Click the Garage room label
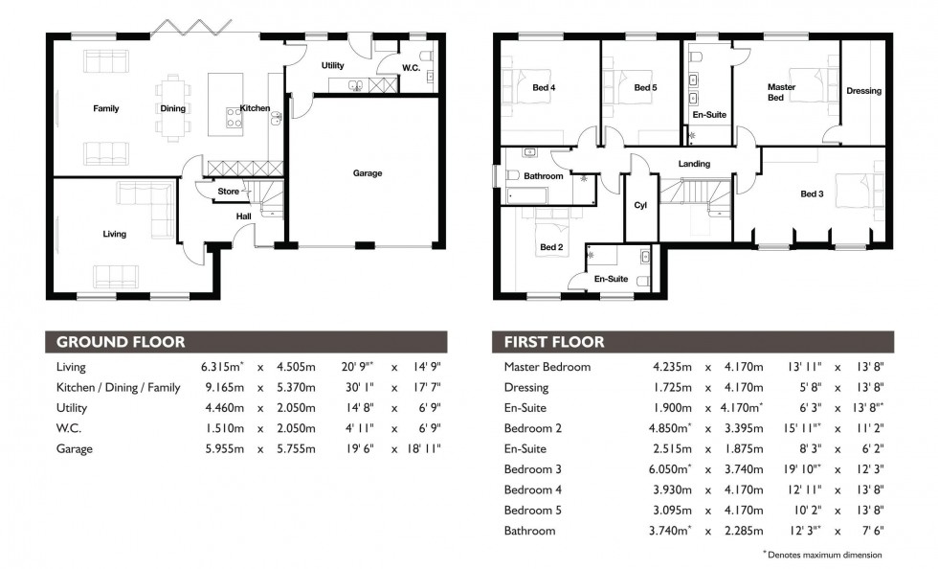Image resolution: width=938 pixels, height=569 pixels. tap(367, 173)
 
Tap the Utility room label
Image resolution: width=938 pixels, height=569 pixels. tap(332, 66)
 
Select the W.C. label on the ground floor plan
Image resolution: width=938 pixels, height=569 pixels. tap(412, 67)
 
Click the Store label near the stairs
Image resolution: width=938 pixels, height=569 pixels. tap(228, 192)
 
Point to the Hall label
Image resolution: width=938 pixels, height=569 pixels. tap(244, 216)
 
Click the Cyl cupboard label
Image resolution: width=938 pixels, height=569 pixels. tap(640, 205)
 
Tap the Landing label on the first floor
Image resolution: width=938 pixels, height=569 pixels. tap(694, 164)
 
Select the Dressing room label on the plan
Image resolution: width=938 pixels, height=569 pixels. tap(863, 91)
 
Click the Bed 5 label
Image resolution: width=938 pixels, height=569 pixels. tap(645, 89)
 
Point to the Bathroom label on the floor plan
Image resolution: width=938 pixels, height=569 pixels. tap(543, 176)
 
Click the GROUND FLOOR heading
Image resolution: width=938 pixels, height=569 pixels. tap(120, 342)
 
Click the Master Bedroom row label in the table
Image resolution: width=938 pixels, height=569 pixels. tap(547, 367)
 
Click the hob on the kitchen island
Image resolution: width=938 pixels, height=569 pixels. tap(234, 118)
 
